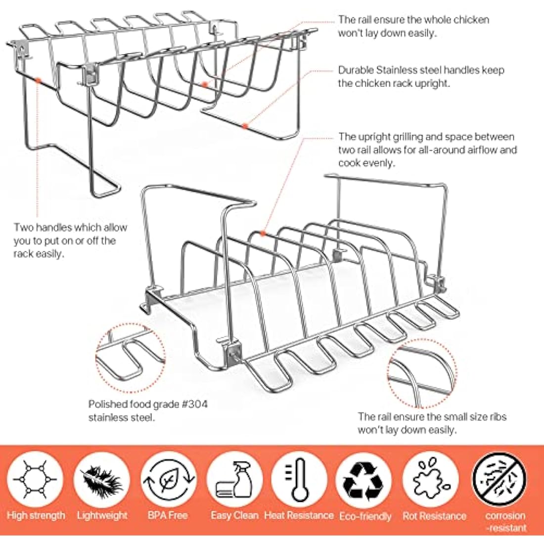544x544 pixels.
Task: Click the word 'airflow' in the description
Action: [x=485, y=150]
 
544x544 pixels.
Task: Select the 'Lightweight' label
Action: [x=102, y=515]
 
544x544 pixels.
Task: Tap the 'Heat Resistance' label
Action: [x=299, y=515]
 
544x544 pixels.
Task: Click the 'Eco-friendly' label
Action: [x=365, y=516]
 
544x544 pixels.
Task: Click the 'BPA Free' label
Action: [x=168, y=515]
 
